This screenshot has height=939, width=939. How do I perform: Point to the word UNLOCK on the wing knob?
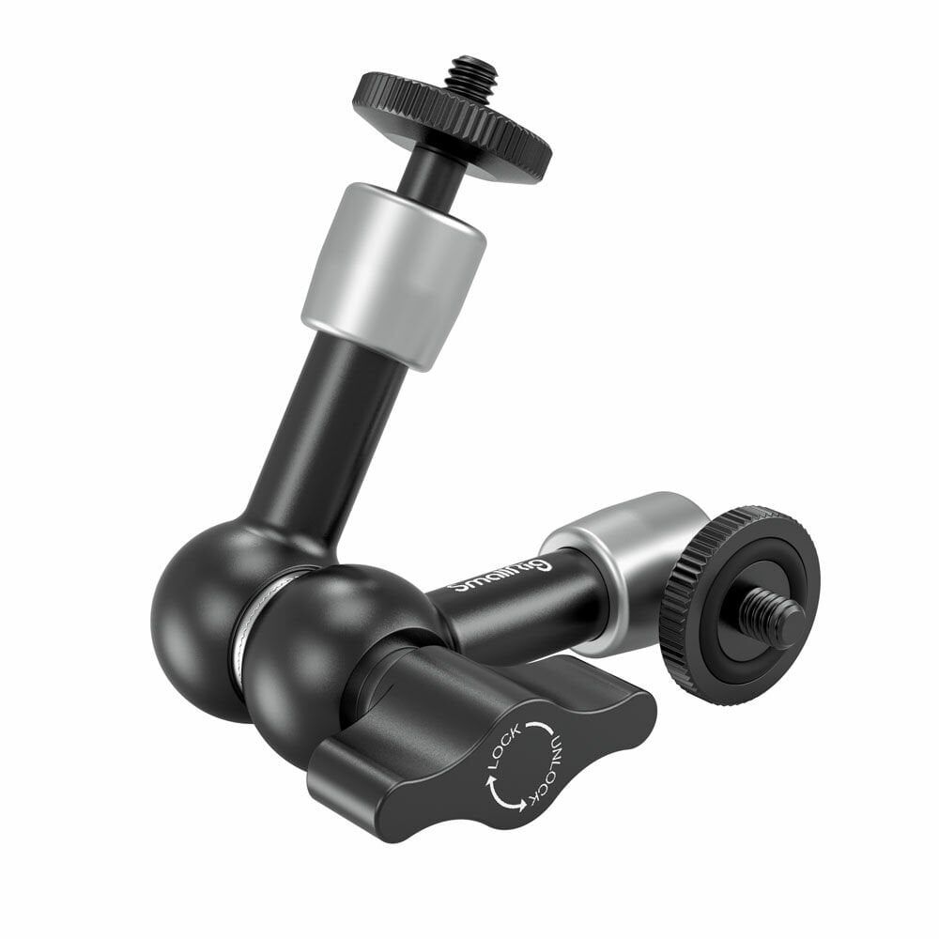click(x=553, y=762)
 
